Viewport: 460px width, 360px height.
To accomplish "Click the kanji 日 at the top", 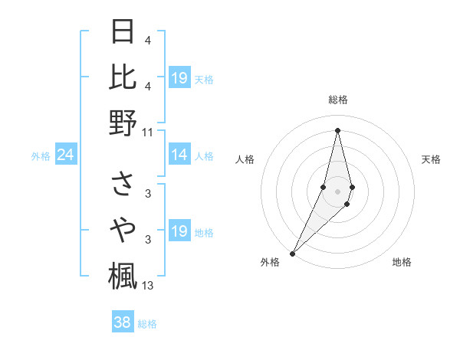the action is [123, 32].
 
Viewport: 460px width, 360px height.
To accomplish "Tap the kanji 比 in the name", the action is [123, 77].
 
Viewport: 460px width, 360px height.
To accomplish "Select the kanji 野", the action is [123, 122].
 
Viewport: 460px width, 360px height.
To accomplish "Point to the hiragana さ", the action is [123, 184].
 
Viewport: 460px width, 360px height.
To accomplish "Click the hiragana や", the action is [123, 228].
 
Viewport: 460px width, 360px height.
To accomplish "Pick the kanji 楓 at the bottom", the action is [123, 274].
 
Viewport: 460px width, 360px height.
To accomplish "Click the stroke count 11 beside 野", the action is [147, 131].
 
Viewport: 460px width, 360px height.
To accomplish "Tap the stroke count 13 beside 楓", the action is [147, 286].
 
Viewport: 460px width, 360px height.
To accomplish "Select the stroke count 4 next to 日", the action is [147, 40].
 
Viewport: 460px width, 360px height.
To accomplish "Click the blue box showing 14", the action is [179, 155].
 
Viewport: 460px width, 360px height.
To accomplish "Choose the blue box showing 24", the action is [65, 155].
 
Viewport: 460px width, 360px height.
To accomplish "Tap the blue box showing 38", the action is [122, 322].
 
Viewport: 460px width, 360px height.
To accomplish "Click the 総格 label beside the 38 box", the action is [147, 324].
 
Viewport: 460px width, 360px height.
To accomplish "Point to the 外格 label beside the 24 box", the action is [41, 156].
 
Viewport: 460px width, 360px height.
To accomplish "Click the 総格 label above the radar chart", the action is [338, 100].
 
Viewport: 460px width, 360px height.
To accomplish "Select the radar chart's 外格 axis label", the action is [270, 262].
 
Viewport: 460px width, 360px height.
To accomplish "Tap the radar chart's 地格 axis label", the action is [402, 262].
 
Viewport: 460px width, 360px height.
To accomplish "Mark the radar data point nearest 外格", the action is [293, 253].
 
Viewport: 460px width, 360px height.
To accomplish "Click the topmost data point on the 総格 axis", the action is [338, 130].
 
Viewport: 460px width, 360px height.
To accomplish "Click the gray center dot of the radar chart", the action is [338, 190].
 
